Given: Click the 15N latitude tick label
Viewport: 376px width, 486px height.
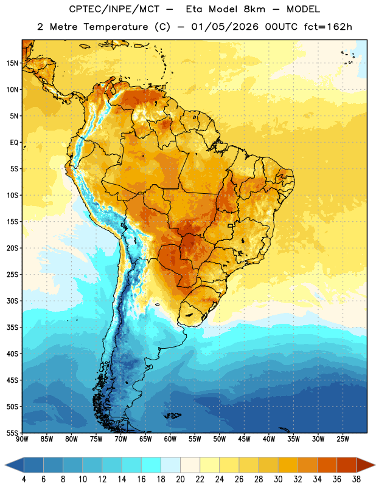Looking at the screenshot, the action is [12, 63].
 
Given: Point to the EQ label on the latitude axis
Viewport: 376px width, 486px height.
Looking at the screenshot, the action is [14, 143].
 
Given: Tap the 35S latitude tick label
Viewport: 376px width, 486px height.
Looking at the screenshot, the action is [12, 327].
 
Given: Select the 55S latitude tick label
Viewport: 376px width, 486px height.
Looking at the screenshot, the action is [12, 433].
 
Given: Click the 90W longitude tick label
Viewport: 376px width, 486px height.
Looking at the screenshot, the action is [22, 439].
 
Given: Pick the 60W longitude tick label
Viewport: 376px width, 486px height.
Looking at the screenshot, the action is [170, 439].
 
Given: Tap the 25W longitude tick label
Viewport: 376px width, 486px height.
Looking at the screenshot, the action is [343, 439].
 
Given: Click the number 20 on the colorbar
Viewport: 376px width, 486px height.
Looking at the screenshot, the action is [180, 479].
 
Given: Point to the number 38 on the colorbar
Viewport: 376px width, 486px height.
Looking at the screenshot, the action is [357, 479].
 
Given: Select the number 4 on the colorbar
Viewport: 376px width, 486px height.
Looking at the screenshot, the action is [24, 479].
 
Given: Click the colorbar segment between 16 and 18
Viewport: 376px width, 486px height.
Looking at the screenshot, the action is [151, 465].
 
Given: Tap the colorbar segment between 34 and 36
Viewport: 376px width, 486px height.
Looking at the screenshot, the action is [327, 465].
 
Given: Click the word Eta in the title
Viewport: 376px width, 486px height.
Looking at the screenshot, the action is [194, 9].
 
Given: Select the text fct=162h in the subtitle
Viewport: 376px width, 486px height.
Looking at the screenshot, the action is [328, 27].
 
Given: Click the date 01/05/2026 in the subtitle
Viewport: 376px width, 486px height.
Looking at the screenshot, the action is [225, 27].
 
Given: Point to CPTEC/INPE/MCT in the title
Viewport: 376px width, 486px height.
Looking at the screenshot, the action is [114, 9].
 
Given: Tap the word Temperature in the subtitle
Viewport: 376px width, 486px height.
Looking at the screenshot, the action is [116, 27].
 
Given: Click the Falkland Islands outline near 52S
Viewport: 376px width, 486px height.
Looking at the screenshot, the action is [172, 416].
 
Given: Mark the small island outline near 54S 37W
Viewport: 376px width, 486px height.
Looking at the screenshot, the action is [284, 430].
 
